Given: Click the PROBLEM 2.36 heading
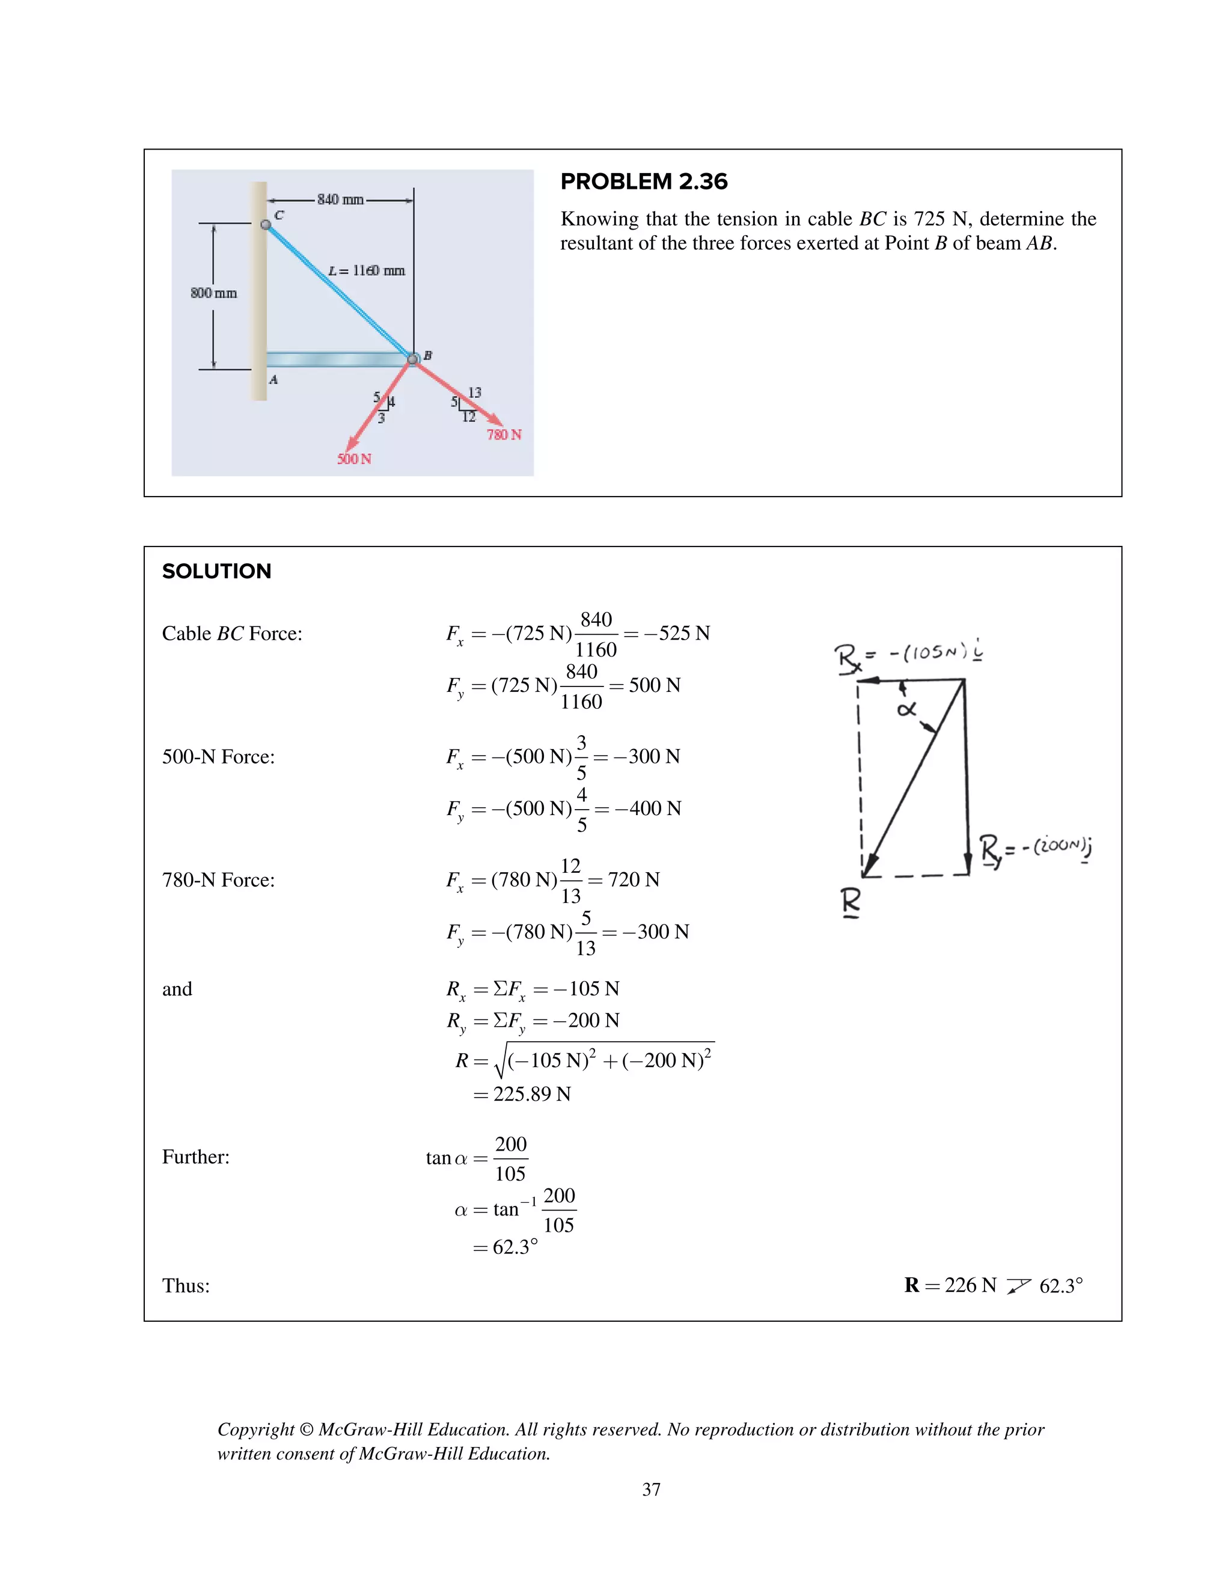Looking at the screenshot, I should pos(643,182).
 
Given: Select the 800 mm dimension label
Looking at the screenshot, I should pos(213,293).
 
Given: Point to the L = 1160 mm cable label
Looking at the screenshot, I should pos(367,271).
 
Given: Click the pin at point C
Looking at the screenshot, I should pos(266,225).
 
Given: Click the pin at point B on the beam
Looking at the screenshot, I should pos(413,359).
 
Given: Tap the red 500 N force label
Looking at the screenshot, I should pos(355,459).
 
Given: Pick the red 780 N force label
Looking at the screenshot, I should pos(504,435).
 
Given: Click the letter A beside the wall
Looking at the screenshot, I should pos(273,379).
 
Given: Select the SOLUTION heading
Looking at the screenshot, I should pos(216,571).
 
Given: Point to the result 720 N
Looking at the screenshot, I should pos(633,879).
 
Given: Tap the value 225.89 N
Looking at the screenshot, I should pos(531,1094).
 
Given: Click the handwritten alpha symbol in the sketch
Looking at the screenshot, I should pos(906,708).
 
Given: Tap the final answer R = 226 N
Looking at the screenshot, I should pos(950,1285).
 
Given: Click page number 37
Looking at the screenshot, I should pos(651,1490).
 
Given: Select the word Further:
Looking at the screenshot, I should pos(195,1157).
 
